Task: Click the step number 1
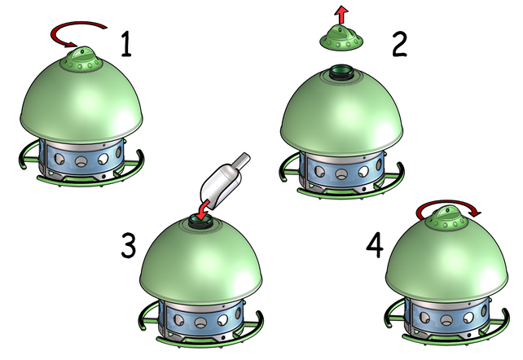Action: click(125, 44)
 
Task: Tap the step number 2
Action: click(399, 44)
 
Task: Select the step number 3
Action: click(129, 245)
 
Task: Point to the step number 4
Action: click(375, 245)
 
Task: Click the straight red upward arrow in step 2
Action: click(341, 15)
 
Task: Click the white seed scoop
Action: click(225, 182)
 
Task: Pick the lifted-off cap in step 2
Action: click(341, 39)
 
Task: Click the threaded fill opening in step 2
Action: click(342, 72)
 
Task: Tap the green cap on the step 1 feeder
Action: click(81, 59)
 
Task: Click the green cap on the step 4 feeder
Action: click(446, 218)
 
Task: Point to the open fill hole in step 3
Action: click(200, 222)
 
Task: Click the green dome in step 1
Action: click(81, 100)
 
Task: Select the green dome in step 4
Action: click(446, 259)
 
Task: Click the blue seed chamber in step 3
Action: click(200, 319)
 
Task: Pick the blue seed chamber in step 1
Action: click(81, 160)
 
